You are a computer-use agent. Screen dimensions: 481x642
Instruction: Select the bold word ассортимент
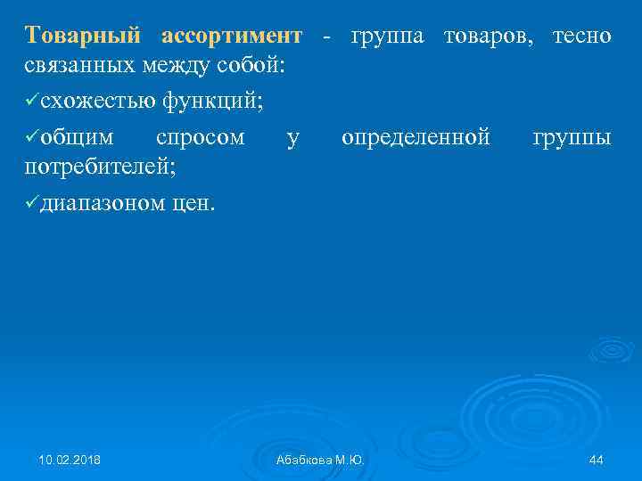click(x=232, y=37)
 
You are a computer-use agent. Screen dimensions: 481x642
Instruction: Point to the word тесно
click(x=582, y=37)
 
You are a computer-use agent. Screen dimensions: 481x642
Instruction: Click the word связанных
click(x=80, y=66)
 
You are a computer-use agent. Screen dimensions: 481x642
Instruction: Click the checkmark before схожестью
click(x=32, y=102)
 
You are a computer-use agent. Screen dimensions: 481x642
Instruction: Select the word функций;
click(x=212, y=102)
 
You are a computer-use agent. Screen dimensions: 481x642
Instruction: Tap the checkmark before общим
click(x=32, y=138)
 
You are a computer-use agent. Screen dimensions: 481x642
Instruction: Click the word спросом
click(x=201, y=138)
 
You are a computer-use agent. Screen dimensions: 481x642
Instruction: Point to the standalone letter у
click(x=293, y=139)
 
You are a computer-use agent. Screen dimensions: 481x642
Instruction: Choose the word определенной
click(x=416, y=138)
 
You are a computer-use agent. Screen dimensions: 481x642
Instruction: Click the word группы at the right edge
click(x=572, y=139)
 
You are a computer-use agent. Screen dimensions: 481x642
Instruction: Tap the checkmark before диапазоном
click(x=32, y=203)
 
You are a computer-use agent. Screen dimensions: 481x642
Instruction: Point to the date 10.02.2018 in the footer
click(x=70, y=460)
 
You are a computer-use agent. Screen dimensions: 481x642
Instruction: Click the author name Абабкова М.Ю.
click(x=320, y=460)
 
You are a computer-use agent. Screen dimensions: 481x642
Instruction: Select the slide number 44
click(x=597, y=460)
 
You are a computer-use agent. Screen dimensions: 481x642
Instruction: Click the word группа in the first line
click(x=384, y=37)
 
